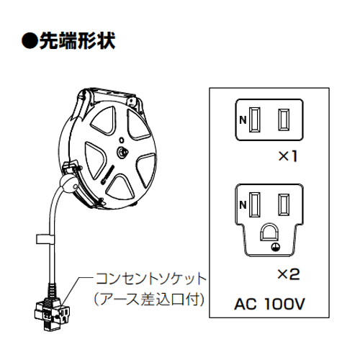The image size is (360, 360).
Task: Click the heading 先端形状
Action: (77, 41)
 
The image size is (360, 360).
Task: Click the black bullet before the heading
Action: (30, 41)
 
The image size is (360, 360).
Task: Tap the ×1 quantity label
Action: (288, 156)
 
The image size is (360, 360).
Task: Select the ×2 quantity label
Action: (289, 274)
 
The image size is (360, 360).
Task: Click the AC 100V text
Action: (269, 304)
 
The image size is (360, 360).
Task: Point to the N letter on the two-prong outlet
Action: (243, 120)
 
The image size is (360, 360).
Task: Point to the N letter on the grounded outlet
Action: (243, 204)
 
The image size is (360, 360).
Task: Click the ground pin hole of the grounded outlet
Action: (269, 232)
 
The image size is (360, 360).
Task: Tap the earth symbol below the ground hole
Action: (276, 247)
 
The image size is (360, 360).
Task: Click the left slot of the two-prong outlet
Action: (254, 120)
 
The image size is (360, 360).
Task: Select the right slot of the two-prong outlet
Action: (284, 120)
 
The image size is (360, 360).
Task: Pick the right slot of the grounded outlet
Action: (284, 204)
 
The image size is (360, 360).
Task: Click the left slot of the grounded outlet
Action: (254, 204)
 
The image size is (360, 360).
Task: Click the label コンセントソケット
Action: (151, 279)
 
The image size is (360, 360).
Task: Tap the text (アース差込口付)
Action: (149, 300)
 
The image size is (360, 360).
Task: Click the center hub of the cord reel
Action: (122, 152)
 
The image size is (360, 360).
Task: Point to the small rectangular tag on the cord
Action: (45, 238)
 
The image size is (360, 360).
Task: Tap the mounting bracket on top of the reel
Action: (111, 96)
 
